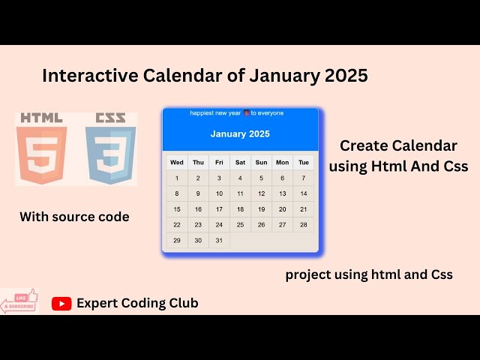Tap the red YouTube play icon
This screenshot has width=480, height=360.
(x=61, y=303)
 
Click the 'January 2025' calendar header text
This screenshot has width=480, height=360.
(x=240, y=134)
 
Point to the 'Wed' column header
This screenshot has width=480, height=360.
(x=177, y=162)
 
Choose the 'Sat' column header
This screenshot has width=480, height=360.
(x=240, y=162)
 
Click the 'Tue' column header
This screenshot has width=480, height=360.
(x=304, y=162)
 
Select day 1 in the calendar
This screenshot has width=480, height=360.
(x=177, y=178)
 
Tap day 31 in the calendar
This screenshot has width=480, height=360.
(x=219, y=241)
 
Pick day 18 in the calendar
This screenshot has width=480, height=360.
(x=240, y=209)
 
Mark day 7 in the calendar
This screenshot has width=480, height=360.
(x=304, y=178)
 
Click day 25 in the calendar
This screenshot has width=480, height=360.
(x=240, y=225)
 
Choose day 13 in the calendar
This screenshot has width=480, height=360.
(x=283, y=193)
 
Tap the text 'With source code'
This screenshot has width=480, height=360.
(x=74, y=217)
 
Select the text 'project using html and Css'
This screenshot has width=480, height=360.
(x=368, y=274)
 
